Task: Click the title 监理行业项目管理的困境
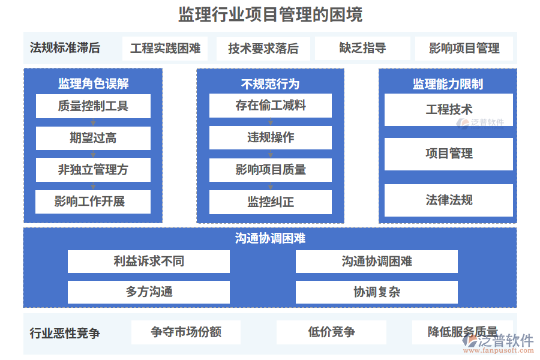(x=271, y=14)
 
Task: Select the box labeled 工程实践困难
(x=165, y=48)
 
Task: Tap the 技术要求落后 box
(x=263, y=49)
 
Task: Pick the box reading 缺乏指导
(x=362, y=48)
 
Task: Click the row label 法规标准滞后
(x=65, y=48)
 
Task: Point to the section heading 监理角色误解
(x=94, y=83)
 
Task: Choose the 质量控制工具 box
(x=93, y=106)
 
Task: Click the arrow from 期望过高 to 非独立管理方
(x=93, y=154)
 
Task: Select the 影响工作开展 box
(x=92, y=202)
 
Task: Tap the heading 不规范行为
(x=271, y=84)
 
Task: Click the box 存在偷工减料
(x=271, y=106)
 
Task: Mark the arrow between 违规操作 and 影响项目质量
(x=271, y=154)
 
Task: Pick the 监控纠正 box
(x=271, y=202)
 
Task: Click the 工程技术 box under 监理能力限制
(x=448, y=110)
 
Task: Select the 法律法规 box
(x=448, y=200)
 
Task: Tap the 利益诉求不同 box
(x=148, y=262)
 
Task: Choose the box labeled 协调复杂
(x=376, y=292)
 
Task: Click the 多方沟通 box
(x=148, y=292)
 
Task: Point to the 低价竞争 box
(x=331, y=332)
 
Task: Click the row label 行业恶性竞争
(x=65, y=333)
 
